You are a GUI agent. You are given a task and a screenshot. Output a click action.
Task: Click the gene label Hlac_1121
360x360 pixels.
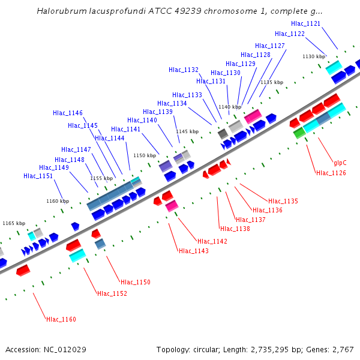click(305, 23)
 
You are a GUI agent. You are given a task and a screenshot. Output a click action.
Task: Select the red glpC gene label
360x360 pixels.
click(340, 163)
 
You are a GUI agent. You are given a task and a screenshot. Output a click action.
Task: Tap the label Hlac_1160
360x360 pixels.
click(61, 319)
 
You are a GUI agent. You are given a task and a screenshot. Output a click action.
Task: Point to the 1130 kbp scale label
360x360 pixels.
click(314, 56)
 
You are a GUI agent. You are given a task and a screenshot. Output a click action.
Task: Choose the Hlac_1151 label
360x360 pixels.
click(38, 176)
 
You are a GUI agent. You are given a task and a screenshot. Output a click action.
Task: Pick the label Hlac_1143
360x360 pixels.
click(194, 251)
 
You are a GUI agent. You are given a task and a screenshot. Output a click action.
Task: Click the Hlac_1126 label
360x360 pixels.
click(331, 173)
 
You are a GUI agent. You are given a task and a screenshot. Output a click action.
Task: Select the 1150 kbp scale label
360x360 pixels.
click(145, 155)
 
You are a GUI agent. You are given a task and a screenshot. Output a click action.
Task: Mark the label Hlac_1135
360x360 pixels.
click(283, 201)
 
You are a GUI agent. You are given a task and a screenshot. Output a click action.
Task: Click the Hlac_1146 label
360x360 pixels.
click(68, 113)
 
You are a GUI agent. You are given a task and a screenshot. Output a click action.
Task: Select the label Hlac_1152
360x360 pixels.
click(112, 293)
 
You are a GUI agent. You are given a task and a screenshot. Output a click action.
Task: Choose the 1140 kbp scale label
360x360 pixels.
click(230, 107)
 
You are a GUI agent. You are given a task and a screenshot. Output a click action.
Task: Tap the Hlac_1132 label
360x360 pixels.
click(184, 70)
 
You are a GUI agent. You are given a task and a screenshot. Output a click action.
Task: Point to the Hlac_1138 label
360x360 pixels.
click(235, 229)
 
